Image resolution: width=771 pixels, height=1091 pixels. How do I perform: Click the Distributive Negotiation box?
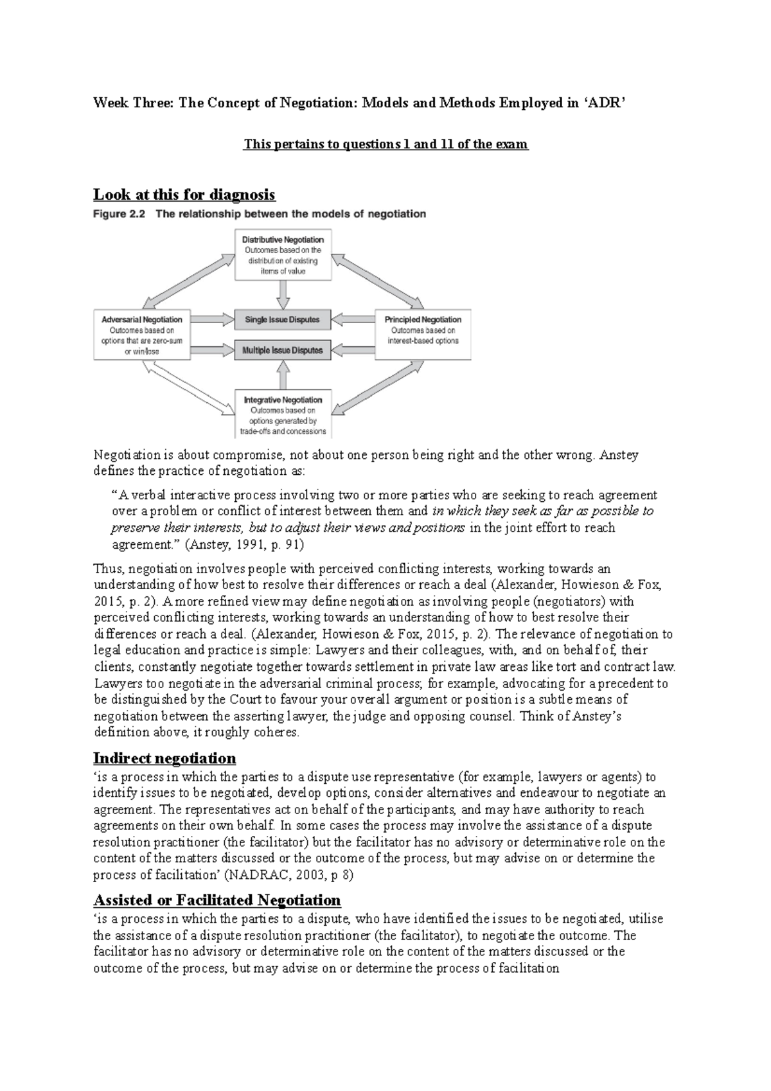tap(283, 254)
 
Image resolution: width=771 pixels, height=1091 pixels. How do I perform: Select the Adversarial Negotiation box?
tap(142, 333)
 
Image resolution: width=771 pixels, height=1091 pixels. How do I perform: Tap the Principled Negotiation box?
tap(423, 333)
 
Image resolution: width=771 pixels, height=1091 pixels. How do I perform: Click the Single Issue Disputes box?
tap(283, 319)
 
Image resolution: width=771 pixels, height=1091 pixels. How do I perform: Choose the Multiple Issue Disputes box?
tap(283, 351)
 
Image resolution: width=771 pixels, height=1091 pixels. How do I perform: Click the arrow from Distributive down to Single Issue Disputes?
tap(283, 294)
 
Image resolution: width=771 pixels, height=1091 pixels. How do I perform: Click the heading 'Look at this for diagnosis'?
tap(184, 194)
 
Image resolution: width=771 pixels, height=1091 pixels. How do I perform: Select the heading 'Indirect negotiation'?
tap(164, 758)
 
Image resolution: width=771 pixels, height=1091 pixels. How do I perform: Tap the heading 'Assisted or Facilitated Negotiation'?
tap(217, 900)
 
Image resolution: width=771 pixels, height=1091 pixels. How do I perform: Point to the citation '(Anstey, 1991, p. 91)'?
tap(244, 544)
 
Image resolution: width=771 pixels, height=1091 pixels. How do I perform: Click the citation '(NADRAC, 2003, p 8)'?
tap(294, 875)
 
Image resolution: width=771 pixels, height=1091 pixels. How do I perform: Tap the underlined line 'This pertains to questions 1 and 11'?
tap(385, 145)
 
